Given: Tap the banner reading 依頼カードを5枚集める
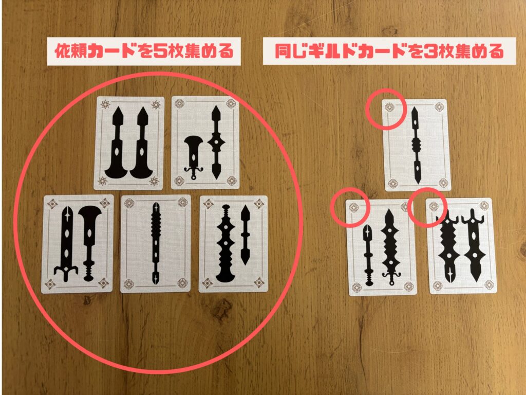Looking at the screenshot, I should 144,52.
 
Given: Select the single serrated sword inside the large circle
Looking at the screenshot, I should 156,243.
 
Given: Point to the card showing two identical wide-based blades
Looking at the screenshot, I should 129,143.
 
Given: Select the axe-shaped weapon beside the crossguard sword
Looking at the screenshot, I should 89,242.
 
